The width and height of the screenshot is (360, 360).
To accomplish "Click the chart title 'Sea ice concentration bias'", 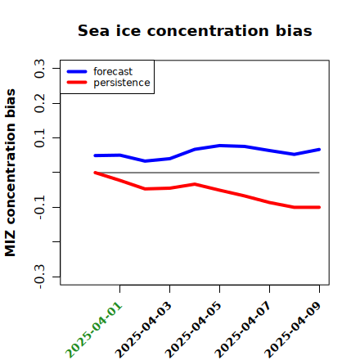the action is coord(195,30).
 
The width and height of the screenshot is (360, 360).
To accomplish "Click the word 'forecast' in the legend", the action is coord(113,71).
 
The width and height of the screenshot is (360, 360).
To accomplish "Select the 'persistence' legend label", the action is coord(122,83).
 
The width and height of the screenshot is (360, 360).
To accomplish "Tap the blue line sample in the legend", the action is coord(77,71).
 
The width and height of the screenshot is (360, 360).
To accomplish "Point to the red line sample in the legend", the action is coord(77,83).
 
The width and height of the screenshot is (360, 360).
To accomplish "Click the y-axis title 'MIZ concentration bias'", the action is coord(11,173).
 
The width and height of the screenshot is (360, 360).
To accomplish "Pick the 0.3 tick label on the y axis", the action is coord(39,69).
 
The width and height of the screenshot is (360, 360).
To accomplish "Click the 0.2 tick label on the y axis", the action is coord(39,103).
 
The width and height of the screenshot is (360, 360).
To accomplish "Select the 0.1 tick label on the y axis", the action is coord(39,138).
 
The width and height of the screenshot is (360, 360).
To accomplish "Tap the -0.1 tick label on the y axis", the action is coord(39,208).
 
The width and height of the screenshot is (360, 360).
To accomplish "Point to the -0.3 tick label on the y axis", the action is coord(39,277).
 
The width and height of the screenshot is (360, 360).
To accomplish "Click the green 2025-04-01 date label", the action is coord(94,330).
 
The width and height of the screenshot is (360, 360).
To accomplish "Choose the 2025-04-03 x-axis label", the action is coord(144,330).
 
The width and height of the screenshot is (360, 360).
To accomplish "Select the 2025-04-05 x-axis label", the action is coord(194,330).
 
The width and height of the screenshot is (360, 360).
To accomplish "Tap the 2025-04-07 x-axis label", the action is coord(244,330).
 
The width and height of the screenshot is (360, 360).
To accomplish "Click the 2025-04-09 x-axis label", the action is coord(294,330).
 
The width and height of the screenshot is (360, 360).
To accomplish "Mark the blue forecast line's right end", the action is coord(319,150).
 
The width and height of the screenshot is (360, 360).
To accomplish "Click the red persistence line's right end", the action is coord(319,207).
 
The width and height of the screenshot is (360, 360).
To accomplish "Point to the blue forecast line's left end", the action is coord(95,155).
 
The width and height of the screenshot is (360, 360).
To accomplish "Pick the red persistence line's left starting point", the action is coord(95,173).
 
